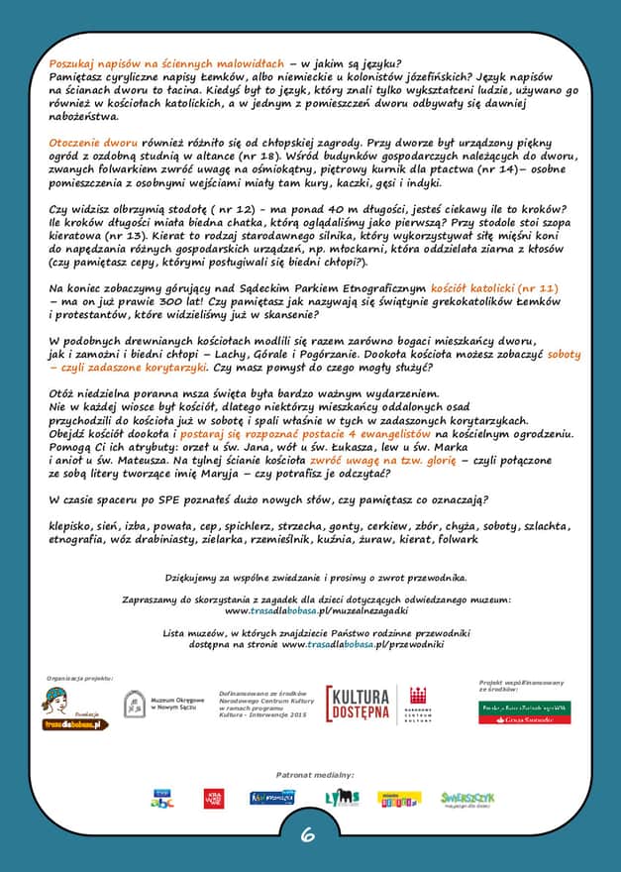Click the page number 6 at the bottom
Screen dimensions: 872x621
(x=308, y=834)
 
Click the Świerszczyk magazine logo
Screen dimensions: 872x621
(x=466, y=798)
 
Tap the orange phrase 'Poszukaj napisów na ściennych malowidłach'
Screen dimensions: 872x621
(x=166, y=62)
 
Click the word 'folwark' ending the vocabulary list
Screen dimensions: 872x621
(x=458, y=539)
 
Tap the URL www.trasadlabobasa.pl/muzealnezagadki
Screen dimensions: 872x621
(x=310, y=610)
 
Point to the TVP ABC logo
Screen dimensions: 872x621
(x=162, y=798)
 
